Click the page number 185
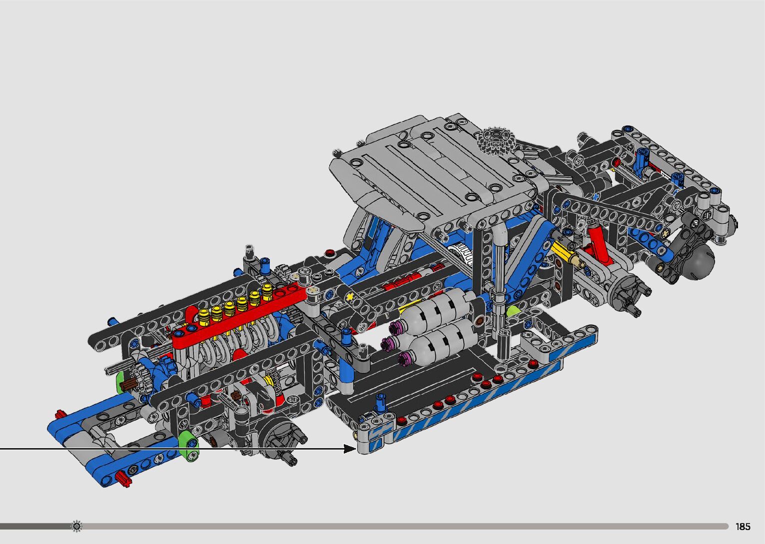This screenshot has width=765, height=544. tap(743, 527)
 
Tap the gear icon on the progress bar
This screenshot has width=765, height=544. tap(76, 526)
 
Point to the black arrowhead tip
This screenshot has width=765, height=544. tap(357, 449)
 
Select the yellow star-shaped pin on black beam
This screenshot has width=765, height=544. tap(350, 297)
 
